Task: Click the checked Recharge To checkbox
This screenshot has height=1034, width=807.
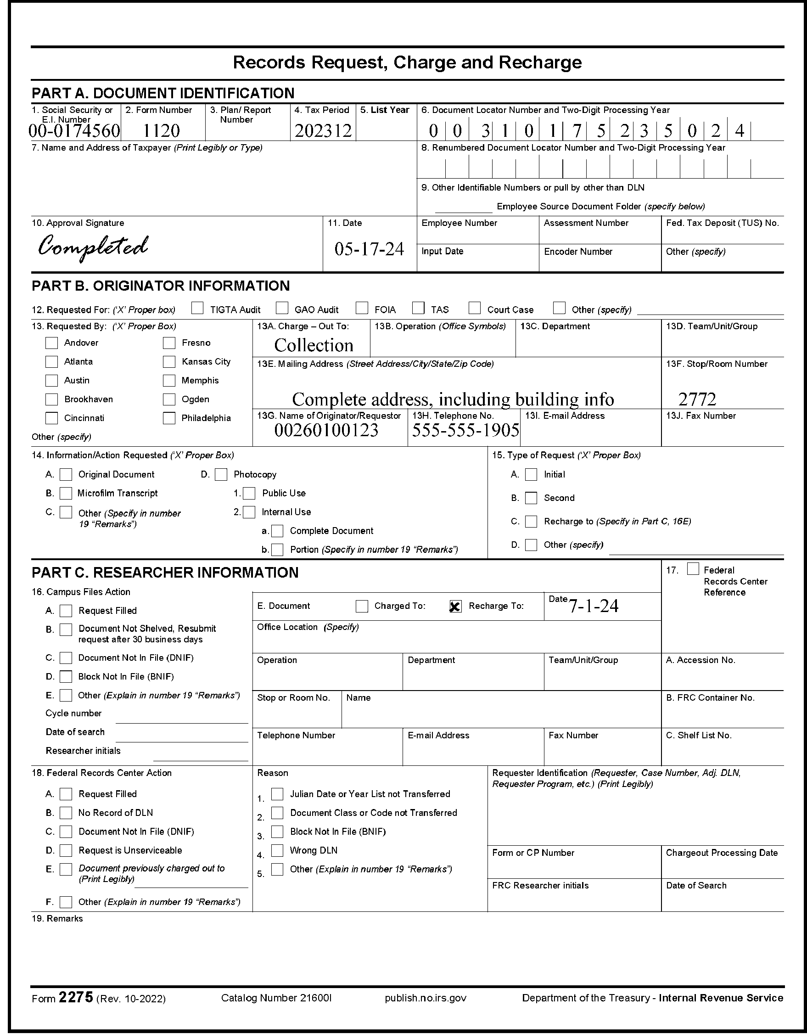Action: coord(455,607)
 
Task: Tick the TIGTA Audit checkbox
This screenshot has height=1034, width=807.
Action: coord(197,309)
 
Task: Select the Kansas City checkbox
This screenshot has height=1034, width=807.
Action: coord(169,362)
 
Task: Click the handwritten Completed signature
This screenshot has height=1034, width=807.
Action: coord(93,247)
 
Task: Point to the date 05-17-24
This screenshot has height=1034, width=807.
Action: coord(369,248)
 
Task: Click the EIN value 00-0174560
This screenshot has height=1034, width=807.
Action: coord(74,131)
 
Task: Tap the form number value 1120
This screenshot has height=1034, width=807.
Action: coord(162,131)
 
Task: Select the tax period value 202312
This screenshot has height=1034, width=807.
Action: coord(323,131)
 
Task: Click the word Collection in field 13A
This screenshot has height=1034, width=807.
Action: coord(314,345)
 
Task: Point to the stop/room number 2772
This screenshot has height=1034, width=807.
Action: coord(697,399)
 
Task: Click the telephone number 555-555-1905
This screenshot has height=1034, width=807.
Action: coord(466,430)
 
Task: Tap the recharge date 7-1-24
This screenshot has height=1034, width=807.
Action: coord(594,606)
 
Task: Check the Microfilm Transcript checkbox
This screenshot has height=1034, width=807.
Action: coord(66,493)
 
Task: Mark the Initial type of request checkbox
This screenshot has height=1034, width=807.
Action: coord(532,474)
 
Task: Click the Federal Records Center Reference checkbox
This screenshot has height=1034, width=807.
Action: coord(693,569)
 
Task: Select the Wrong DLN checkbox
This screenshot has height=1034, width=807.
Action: coord(277,851)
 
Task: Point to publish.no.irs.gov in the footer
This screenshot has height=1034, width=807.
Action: coord(426,998)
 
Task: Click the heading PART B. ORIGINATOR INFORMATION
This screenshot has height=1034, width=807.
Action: coord(161,286)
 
